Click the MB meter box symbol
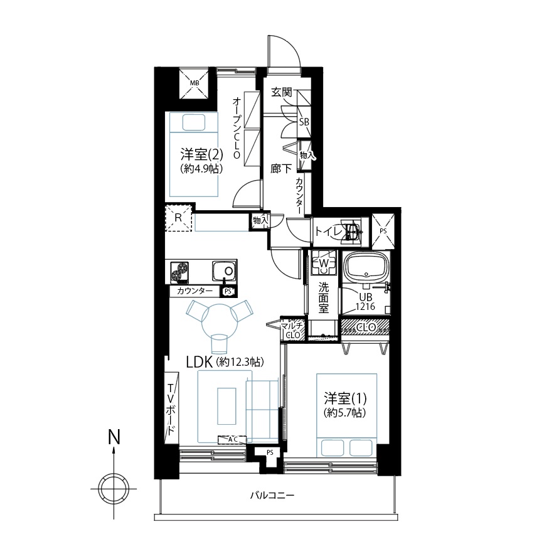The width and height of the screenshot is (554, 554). click(194, 83)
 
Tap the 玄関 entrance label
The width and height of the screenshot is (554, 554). click(282, 93)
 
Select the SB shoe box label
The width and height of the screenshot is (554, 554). click(304, 122)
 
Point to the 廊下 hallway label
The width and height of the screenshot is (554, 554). click(281, 169)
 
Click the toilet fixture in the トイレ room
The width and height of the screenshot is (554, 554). click(351, 232)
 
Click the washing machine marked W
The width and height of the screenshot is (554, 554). click(324, 264)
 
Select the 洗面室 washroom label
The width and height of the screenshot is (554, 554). click(323, 297)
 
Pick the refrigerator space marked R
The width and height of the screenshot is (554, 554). click(178, 218)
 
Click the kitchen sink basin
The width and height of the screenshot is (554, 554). click(225, 271)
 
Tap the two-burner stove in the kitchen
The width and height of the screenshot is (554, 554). click(180, 272)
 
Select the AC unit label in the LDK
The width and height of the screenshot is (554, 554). click(232, 440)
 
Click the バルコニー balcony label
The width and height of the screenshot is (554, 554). click(272, 496)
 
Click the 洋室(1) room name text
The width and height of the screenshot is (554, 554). click(346, 398)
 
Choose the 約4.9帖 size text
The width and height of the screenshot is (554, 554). click(202, 169)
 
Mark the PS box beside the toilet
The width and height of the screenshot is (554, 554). click(383, 231)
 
